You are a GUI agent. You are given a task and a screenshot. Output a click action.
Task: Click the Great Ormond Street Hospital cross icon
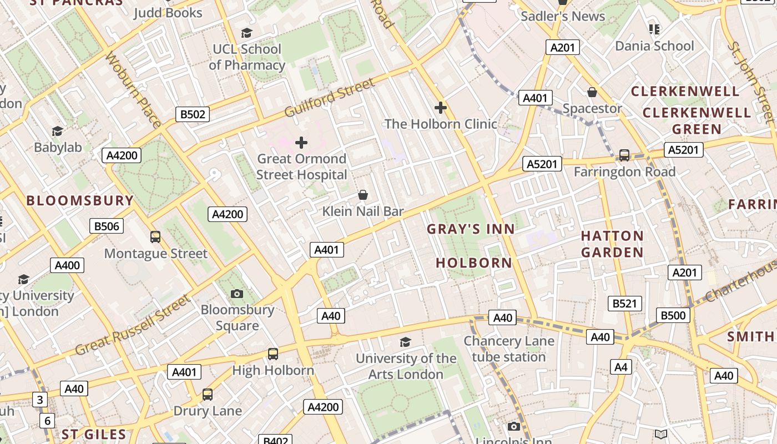point(301,143)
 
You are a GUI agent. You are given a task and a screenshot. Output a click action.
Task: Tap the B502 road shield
point(193,115)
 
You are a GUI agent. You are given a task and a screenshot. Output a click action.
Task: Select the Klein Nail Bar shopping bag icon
point(363,195)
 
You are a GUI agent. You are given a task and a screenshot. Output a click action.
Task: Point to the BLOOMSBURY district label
point(80,200)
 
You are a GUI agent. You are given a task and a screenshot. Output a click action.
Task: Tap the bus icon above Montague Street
point(155,237)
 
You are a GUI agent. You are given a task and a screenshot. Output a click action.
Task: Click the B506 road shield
point(107,226)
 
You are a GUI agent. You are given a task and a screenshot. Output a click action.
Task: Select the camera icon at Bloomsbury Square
point(237,294)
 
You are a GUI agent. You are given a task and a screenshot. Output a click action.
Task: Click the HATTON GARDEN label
point(612,244)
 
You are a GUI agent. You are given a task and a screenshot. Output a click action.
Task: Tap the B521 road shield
point(625,304)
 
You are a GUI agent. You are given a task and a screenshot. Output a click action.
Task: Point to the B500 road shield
point(673,315)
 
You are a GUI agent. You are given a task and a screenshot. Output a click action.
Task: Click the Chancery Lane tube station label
point(509,349)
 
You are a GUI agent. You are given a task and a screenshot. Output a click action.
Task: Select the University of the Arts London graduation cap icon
point(406,342)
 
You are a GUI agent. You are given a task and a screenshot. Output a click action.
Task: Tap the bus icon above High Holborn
point(273,354)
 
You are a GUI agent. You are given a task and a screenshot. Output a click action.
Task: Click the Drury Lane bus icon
point(208,395)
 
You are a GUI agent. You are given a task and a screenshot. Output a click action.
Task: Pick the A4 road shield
point(621,366)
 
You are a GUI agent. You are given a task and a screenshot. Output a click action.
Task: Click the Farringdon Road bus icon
point(624,155)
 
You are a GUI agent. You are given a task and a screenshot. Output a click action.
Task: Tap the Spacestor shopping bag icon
point(592,92)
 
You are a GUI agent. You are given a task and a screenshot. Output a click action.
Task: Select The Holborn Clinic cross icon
point(441,107)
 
